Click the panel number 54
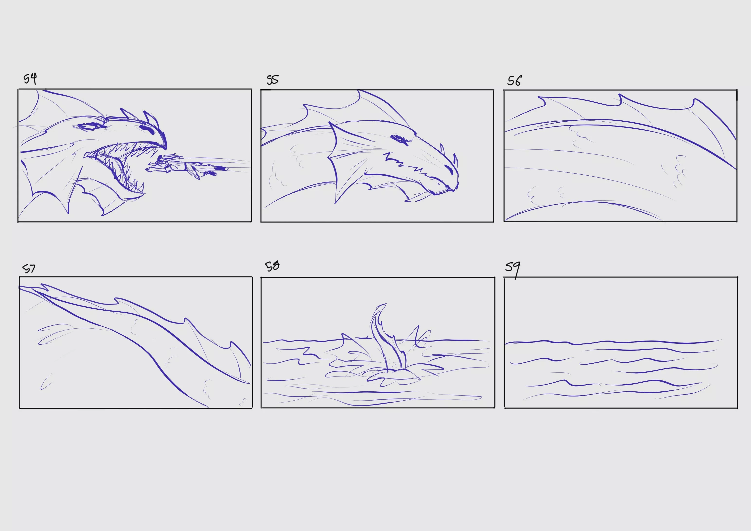pos(30,79)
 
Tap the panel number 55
pos(272,80)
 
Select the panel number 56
pos(515,81)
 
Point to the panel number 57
pos(29,269)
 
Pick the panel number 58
pos(272,266)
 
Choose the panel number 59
pos(513,270)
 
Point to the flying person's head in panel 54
pos(161,161)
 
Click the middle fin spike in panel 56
pos(619,99)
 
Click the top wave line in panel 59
pos(613,342)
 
